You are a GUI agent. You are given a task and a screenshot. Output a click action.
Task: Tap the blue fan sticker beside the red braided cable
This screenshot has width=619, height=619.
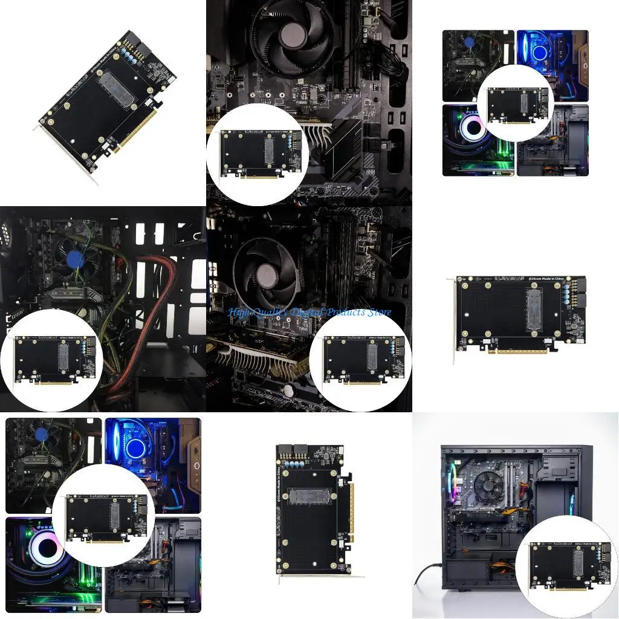click(75, 259)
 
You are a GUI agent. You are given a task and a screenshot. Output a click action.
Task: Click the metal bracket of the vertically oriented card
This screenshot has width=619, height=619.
click(314, 579)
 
